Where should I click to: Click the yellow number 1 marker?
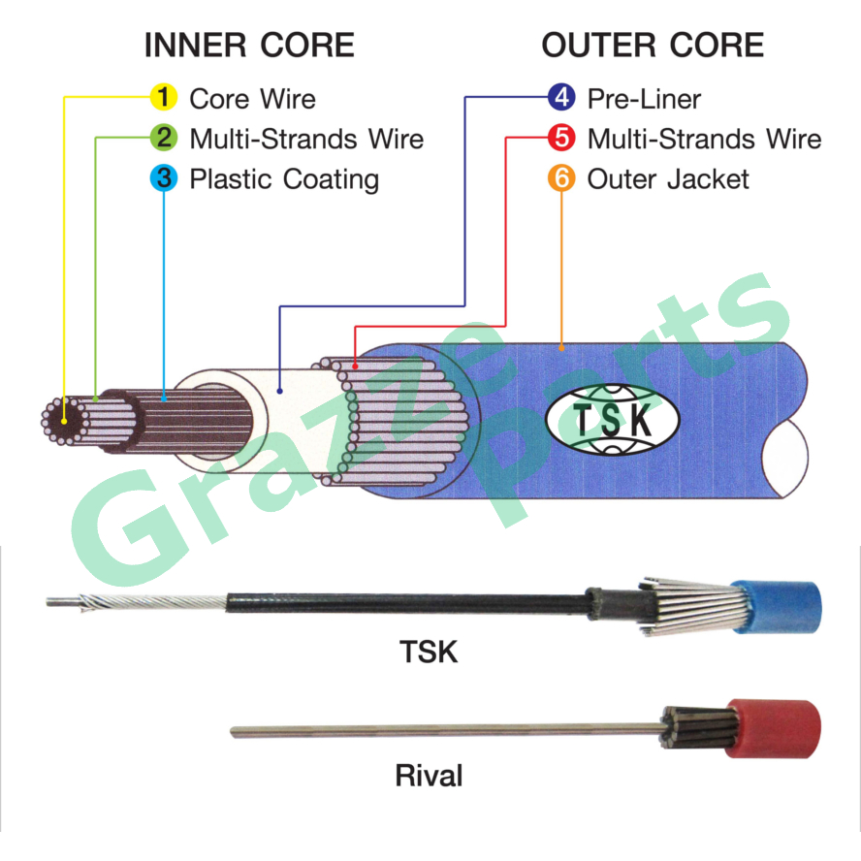(x=164, y=98)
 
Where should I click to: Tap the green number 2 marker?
(x=164, y=139)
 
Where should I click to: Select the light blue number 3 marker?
(x=164, y=178)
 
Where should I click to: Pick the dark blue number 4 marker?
(x=561, y=98)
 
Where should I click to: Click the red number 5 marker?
(x=561, y=139)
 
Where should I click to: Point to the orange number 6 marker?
(x=561, y=178)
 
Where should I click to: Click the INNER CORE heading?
(x=249, y=46)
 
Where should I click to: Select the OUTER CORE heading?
(x=653, y=46)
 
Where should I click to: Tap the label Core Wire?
(x=252, y=99)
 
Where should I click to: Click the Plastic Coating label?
(x=283, y=179)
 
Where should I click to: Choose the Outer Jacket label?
(x=668, y=179)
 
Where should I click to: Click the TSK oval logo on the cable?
(x=613, y=420)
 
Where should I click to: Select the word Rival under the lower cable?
(x=429, y=776)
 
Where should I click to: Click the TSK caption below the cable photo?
(x=429, y=652)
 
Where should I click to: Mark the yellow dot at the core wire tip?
(x=63, y=422)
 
